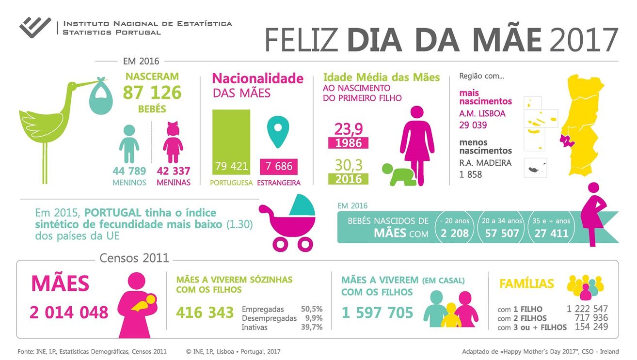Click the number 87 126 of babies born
click(x=152, y=93)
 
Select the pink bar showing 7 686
click(x=278, y=166)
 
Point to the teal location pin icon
click(x=278, y=131)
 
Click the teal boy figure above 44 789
click(x=129, y=144)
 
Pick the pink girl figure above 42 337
click(x=173, y=142)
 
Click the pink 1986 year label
click(x=348, y=143)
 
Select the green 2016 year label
click(x=348, y=178)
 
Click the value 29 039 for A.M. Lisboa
click(x=474, y=125)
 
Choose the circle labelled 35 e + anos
click(x=551, y=227)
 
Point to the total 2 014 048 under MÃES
click(x=69, y=313)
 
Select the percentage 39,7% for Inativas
click(x=312, y=328)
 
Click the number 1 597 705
click(x=377, y=313)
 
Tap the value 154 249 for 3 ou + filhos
click(x=591, y=327)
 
